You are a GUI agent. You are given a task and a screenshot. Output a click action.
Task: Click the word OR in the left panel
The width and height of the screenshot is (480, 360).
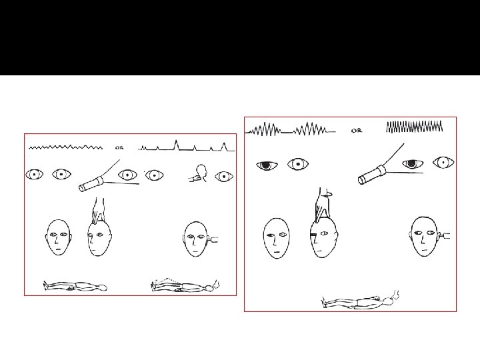(119, 148)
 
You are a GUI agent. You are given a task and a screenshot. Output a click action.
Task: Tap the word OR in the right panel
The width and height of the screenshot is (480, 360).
(356, 131)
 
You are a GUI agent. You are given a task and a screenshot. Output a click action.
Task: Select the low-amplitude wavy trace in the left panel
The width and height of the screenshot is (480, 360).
(65, 147)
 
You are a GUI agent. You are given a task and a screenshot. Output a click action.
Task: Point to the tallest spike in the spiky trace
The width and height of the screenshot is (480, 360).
(176, 145)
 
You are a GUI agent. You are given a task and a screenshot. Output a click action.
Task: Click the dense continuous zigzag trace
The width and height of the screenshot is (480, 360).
(415, 127)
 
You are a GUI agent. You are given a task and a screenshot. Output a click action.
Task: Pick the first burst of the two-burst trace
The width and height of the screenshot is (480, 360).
(265, 129)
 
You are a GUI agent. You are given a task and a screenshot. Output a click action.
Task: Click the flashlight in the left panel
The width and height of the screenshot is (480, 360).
(91, 184)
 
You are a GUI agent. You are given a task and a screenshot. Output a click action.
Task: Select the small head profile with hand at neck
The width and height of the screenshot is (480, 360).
(198, 173)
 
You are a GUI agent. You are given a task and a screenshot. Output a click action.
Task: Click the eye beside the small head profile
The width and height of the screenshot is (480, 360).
(224, 177)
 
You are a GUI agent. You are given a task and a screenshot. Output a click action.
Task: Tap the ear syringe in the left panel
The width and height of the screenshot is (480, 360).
(213, 239)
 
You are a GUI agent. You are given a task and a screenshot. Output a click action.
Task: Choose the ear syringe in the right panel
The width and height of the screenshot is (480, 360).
(445, 236)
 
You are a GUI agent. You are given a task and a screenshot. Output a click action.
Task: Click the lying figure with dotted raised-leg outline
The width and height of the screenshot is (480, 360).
(185, 285)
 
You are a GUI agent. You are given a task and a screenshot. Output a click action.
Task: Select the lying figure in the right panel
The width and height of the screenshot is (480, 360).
(360, 299)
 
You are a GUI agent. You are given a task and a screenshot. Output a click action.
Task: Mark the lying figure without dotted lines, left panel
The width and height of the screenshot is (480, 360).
(75, 286)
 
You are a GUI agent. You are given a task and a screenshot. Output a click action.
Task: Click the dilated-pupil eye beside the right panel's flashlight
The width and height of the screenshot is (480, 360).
(413, 164)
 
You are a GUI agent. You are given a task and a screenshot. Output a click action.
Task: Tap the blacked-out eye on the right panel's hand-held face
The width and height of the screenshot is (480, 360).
(313, 235)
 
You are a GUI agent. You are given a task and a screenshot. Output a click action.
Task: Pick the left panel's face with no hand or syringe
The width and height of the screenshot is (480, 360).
(59, 237)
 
